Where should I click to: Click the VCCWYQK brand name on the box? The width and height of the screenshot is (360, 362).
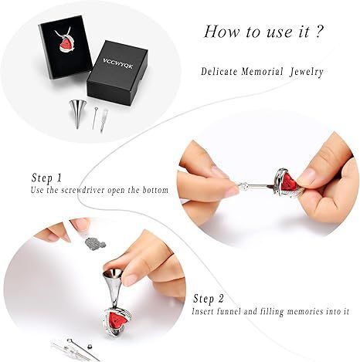(x=118, y=63)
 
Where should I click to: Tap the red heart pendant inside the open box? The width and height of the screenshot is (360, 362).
(x=66, y=45)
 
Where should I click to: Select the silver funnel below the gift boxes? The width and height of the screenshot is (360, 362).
(x=76, y=114)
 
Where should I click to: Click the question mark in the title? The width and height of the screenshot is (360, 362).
(x=318, y=32)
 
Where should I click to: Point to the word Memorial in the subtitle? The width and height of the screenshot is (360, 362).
(x=262, y=71)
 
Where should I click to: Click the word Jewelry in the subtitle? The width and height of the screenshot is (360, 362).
(x=307, y=72)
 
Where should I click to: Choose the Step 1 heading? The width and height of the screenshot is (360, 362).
(x=46, y=178)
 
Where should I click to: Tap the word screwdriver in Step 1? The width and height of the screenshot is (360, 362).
(x=83, y=190)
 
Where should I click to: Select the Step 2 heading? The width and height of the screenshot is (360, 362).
(x=209, y=299)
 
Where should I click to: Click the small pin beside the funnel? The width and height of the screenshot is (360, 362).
(x=95, y=118)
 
